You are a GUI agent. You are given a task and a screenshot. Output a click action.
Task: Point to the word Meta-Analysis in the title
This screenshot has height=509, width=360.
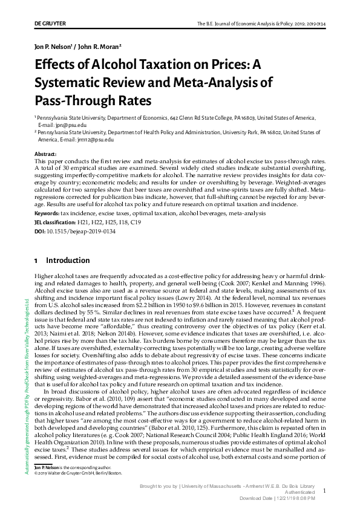(x=230, y=82)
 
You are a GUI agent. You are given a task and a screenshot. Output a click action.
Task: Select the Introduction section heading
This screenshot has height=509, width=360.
(x=67, y=261)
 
